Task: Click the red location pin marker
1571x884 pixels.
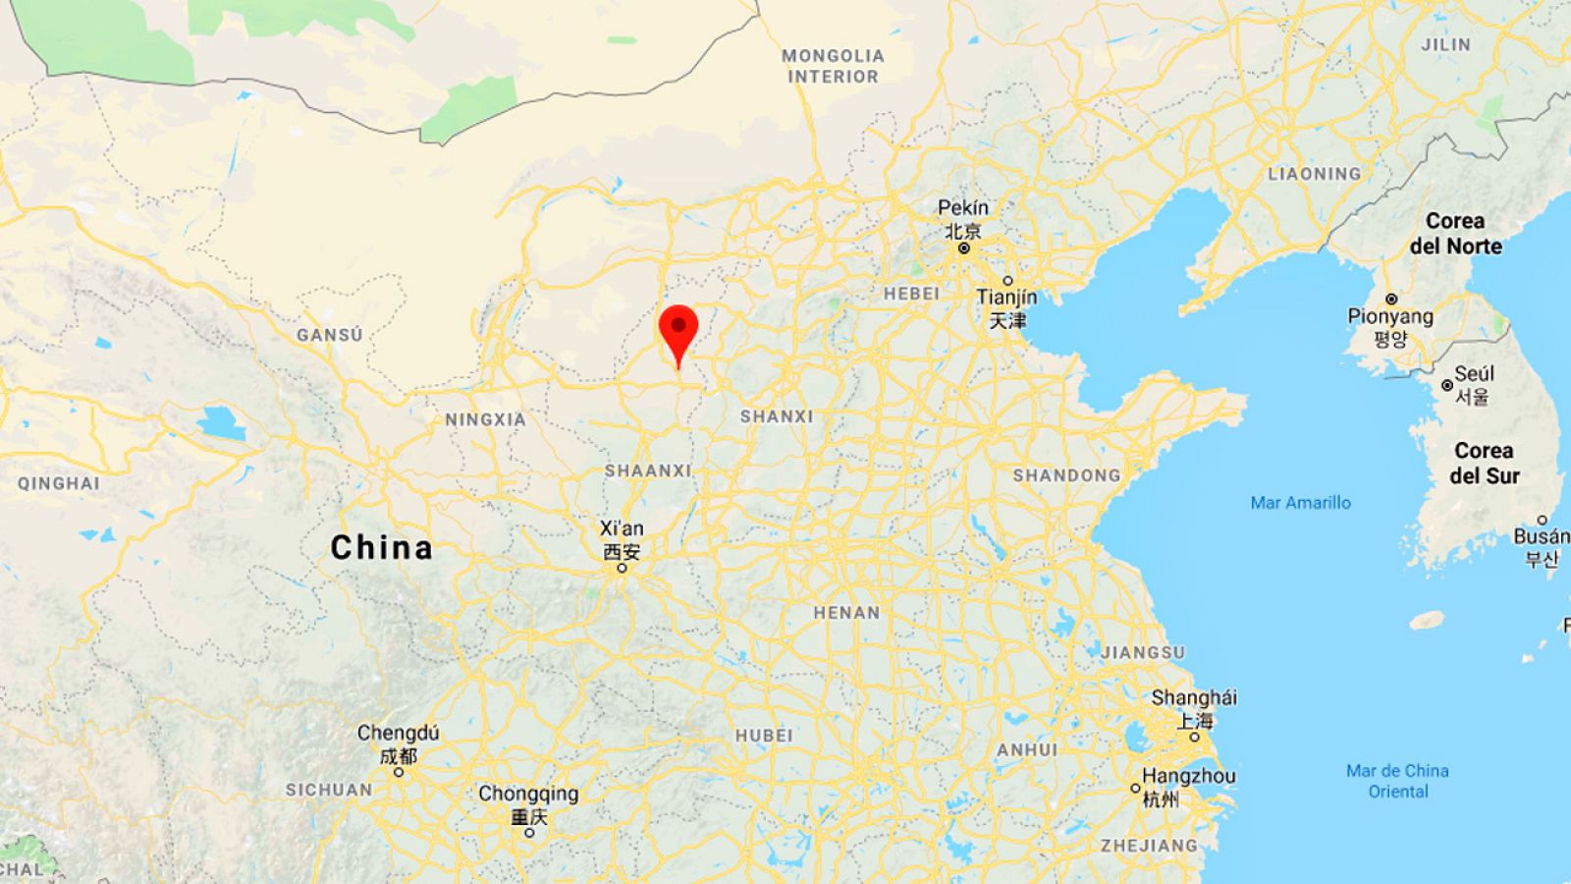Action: [678, 330]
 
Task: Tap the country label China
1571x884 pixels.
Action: [381, 547]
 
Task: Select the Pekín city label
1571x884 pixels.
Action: [963, 208]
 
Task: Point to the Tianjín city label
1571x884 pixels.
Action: [1006, 297]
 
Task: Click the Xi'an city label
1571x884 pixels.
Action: [622, 528]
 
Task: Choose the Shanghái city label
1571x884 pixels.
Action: [1194, 698]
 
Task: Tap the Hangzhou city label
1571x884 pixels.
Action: [1188, 776]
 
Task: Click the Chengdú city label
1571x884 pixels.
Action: [399, 733]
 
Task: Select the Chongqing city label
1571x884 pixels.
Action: [528, 794]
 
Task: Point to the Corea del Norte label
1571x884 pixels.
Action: [1455, 234]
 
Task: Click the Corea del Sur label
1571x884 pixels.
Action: [1485, 463]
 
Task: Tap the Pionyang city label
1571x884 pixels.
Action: [1390, 316]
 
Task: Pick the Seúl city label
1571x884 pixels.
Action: [1474, 374]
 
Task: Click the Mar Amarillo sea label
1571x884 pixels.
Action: [1300, 503]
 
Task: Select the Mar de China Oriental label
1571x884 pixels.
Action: [1397, 781]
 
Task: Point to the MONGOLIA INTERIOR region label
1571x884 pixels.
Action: [833, 66]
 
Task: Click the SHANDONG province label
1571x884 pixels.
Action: [1066, 475]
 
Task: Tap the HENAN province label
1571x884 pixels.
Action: [846, 613]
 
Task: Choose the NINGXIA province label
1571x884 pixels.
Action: [485, 419]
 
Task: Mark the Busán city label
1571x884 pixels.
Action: [1541, 536]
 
